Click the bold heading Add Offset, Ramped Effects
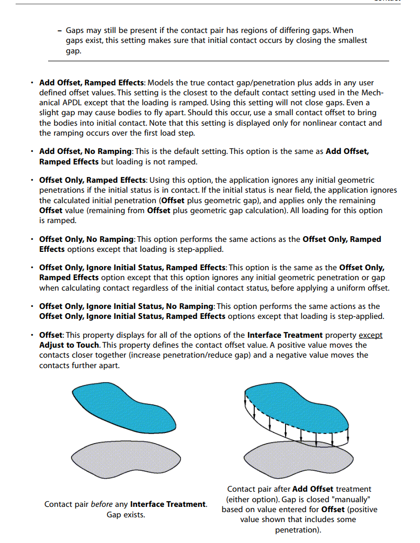[x=91, y=83]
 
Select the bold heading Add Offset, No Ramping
[x=84, y=151]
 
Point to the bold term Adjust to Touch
[x=69, y=345]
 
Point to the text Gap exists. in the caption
[x=126, y=515]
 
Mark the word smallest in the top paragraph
[x=351, y=40]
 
